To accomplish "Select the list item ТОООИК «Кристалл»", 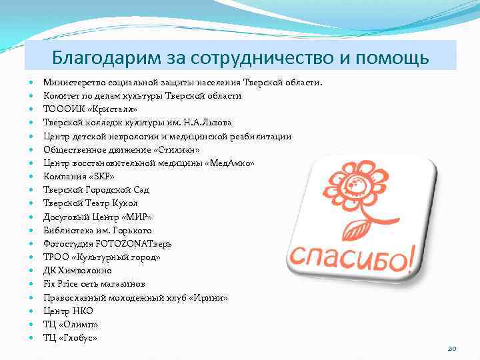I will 90,109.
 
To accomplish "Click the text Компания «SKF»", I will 79,177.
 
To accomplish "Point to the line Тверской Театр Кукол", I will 91,203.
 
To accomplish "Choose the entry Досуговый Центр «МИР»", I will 97,217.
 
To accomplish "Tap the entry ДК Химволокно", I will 77,271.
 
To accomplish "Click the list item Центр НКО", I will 68,311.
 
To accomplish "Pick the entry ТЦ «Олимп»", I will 70,325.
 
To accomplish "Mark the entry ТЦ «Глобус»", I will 70,338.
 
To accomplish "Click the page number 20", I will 451,348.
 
